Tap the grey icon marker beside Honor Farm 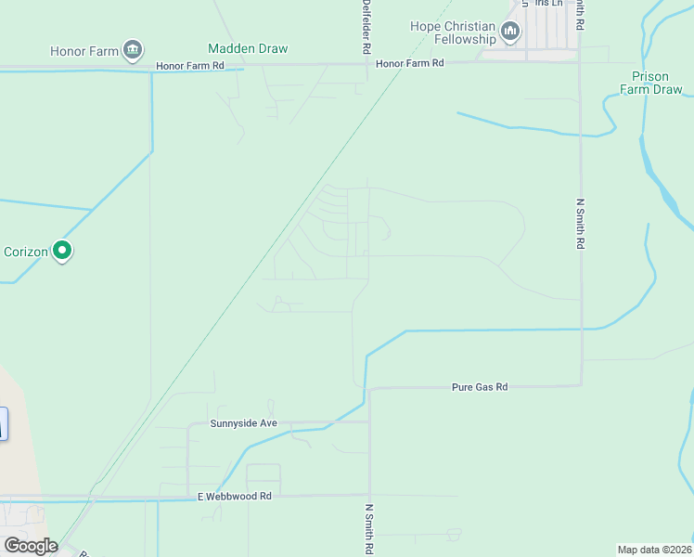coord(133,49)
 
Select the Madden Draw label coord(248,48)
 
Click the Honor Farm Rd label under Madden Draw coord(190,66)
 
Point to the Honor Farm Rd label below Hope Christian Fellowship coord(410,63)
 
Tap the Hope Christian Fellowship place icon coord(510,32)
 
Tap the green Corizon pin coord(62,250)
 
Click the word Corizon coord(26,252)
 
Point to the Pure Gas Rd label coord(480,386)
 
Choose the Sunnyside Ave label coord(243,423)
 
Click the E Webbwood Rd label coord(234,497)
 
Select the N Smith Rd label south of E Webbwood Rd coord(368,529)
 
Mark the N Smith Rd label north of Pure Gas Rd coord(580,224)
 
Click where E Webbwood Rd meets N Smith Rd coord(369,496)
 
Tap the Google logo coord(31,546)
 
